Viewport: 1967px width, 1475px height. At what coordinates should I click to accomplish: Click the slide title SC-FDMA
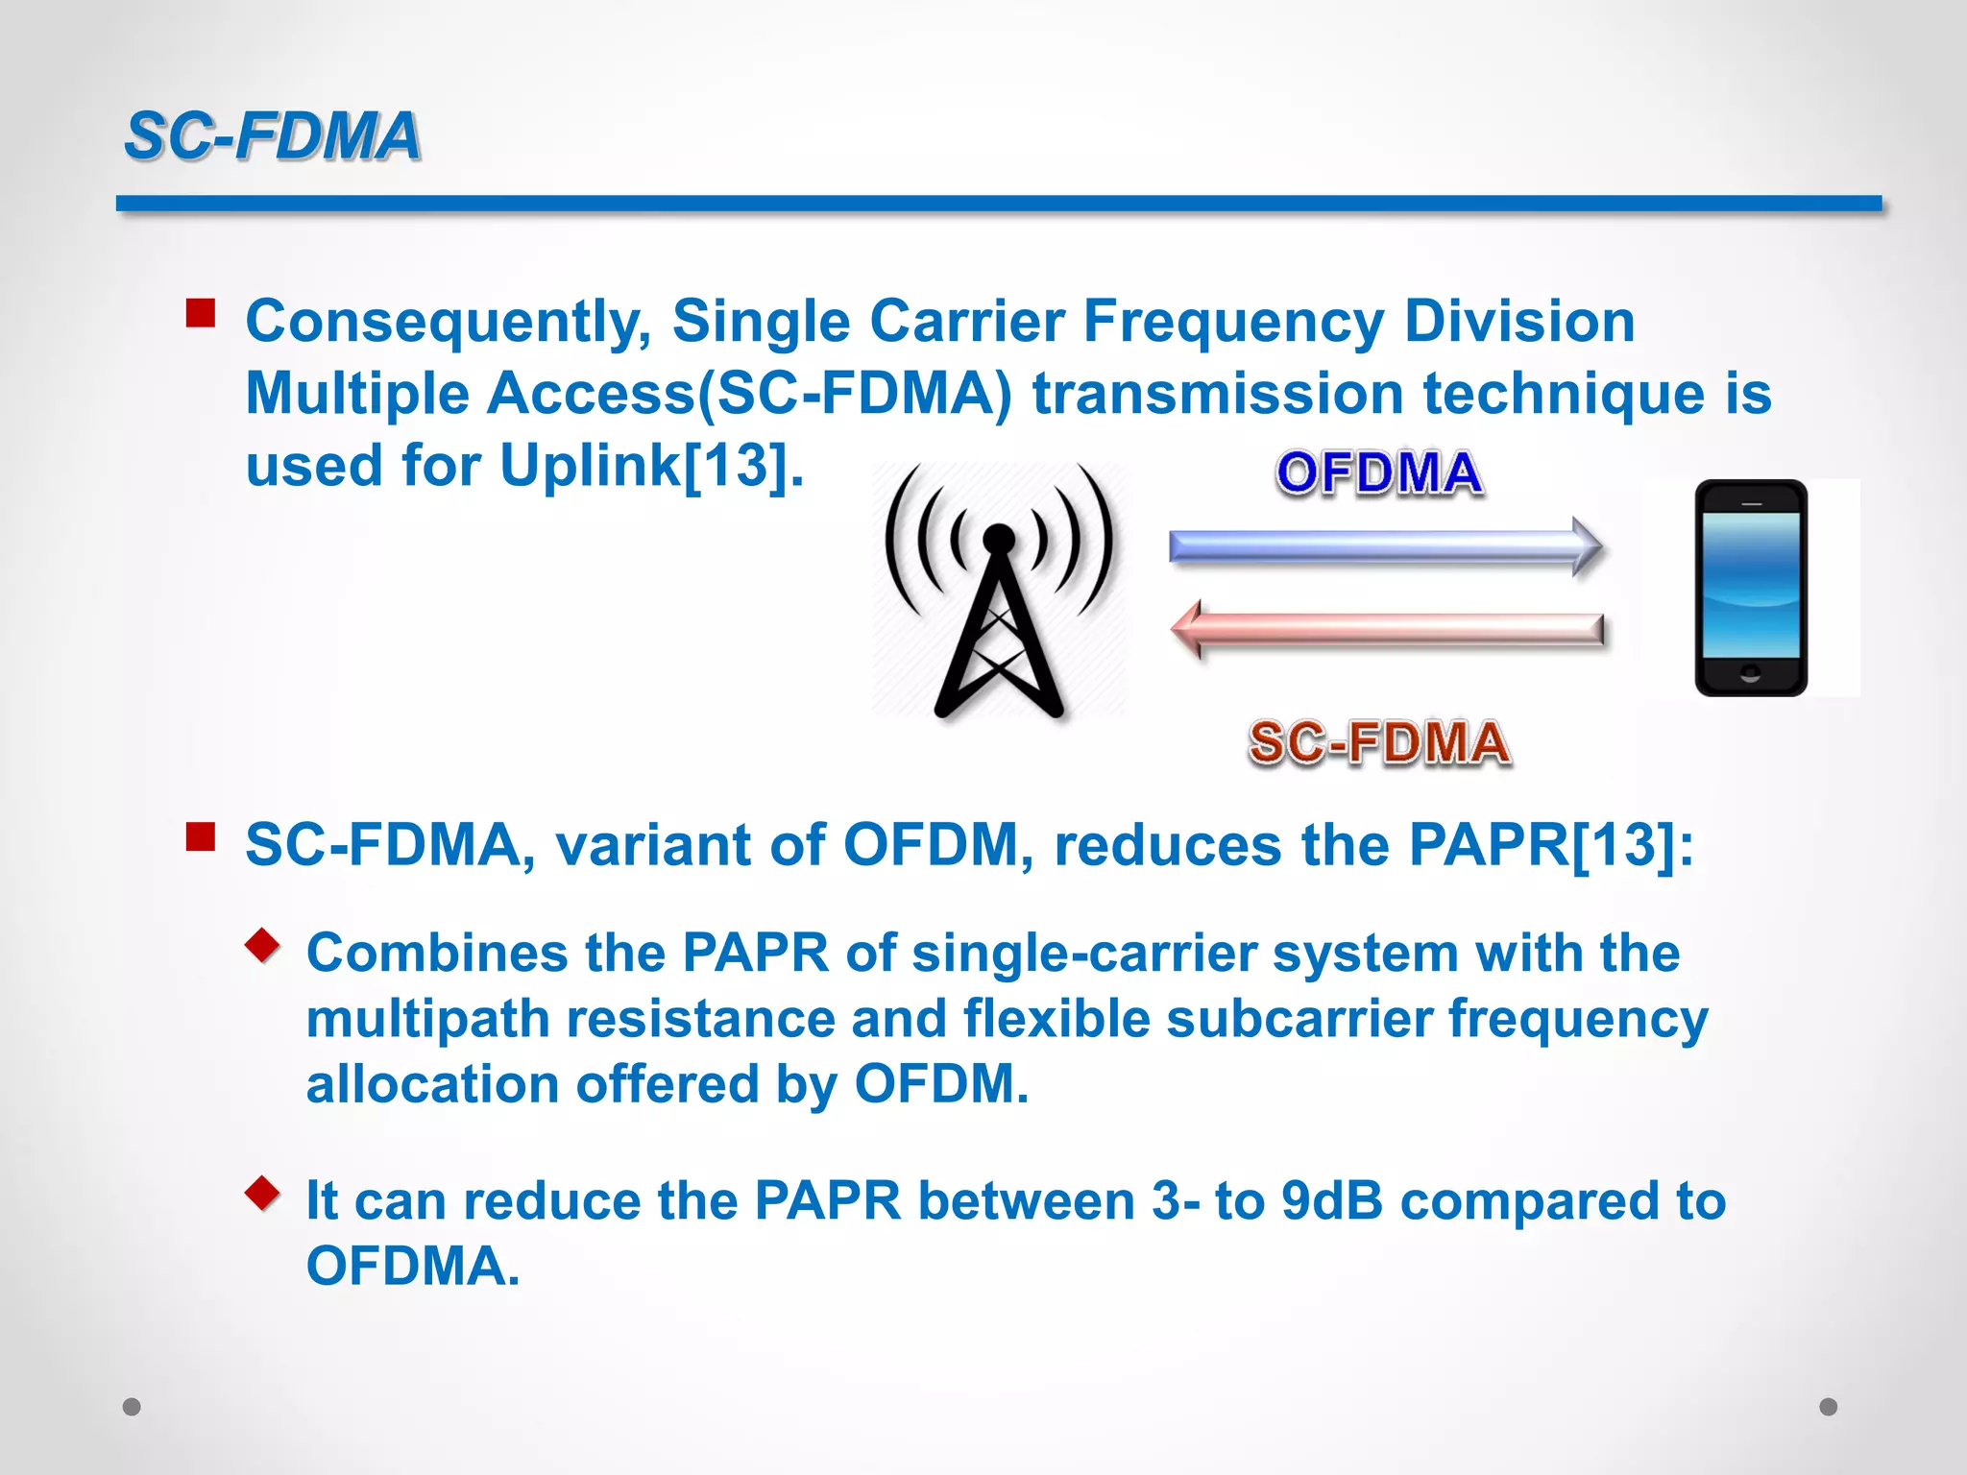[x=273, y=135]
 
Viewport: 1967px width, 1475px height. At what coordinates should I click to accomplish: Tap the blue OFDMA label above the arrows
[x=1379, y=473]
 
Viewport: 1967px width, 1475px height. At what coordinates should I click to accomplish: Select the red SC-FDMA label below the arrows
[x=1379, y=743]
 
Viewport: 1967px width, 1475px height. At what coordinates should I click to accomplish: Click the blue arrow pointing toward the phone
[x=1383, y=546]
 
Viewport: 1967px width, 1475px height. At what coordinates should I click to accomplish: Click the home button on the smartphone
[x=1750, y=672]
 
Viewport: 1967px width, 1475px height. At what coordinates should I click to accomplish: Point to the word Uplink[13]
[x=651, y=467]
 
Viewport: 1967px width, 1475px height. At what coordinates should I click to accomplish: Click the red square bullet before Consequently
[x=201, y=313]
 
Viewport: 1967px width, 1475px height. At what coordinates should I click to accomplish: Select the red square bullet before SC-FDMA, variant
[x=201, y=837]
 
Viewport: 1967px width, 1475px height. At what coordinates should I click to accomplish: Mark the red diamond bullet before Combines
[x=262, y=945]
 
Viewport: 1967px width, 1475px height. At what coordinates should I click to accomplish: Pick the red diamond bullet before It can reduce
[x=262, y=1193]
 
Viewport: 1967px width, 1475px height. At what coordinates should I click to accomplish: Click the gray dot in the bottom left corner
[x=132, y=1407]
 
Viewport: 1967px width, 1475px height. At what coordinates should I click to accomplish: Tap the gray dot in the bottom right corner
[x=1829, y=1407]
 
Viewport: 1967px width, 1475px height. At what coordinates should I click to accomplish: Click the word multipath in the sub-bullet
[x=427, y=1019]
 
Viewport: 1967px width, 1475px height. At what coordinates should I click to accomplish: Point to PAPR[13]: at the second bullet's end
[x=1550, y=846]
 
